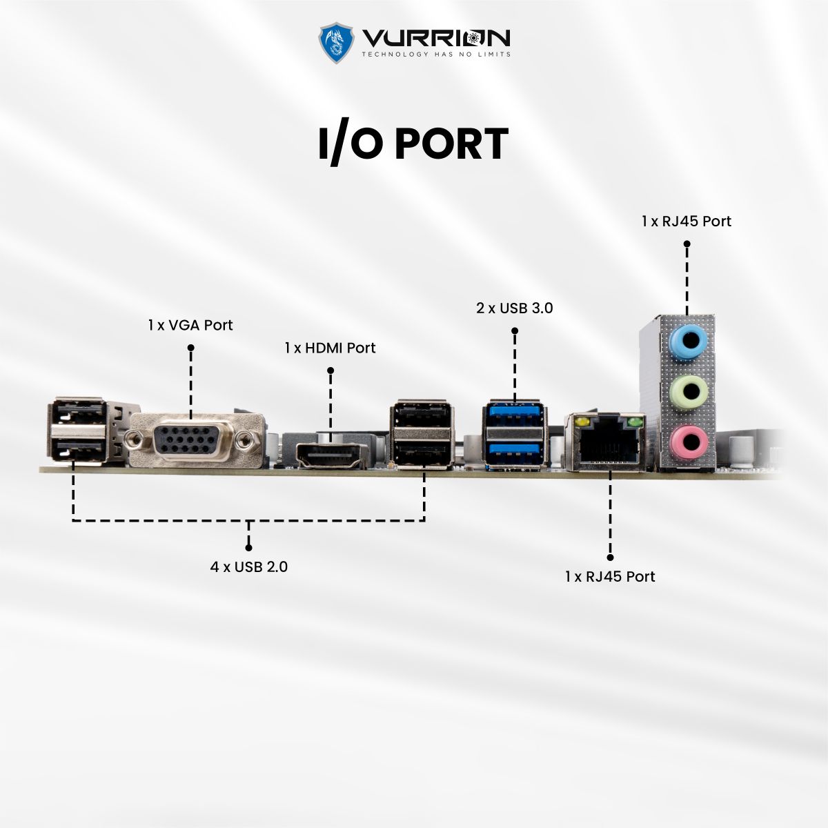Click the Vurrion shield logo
click(x=336, y=43)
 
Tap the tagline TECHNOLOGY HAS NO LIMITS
click(x=436, y=55)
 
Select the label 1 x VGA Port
click(x=190, y=325)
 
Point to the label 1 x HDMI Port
click(x=330, y=348)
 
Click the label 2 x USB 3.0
click(x=514, y=308)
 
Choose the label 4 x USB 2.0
click(x=248, y=567)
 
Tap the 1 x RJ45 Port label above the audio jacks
click(x=686, y=221)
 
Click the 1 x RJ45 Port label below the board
click(x=609, y=576)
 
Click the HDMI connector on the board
click(x=331, y=455)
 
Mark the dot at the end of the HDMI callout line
click(x=331, y=371)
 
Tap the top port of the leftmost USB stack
click(x=77, y=414)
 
